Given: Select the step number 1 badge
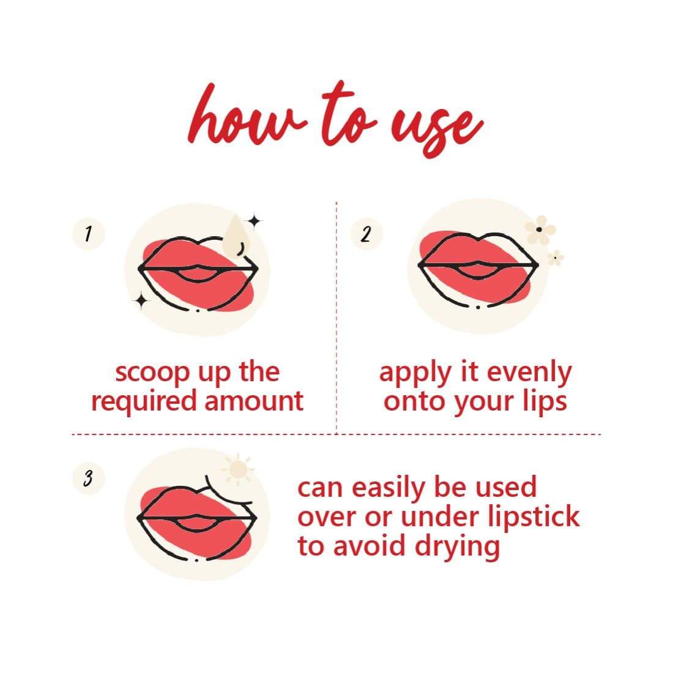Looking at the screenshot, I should pyautogui.click(x=88, y=234).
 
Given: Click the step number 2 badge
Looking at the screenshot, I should pyautogui.click(x=366, y=234).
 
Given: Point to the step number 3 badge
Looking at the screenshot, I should pyautogui.click(x=88, y=478).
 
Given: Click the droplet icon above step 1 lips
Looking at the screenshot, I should pyautogui.click(x=234, y=236).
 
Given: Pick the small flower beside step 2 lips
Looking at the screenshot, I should pyautogui.click(x=556, y=258).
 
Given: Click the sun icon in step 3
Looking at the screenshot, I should pyautogui.click(x=236, y=469).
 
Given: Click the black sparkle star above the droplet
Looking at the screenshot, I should pyautogui.click(x=255, y=220).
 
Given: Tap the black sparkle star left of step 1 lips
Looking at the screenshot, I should pyautogui.click(x=141, y=300).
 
